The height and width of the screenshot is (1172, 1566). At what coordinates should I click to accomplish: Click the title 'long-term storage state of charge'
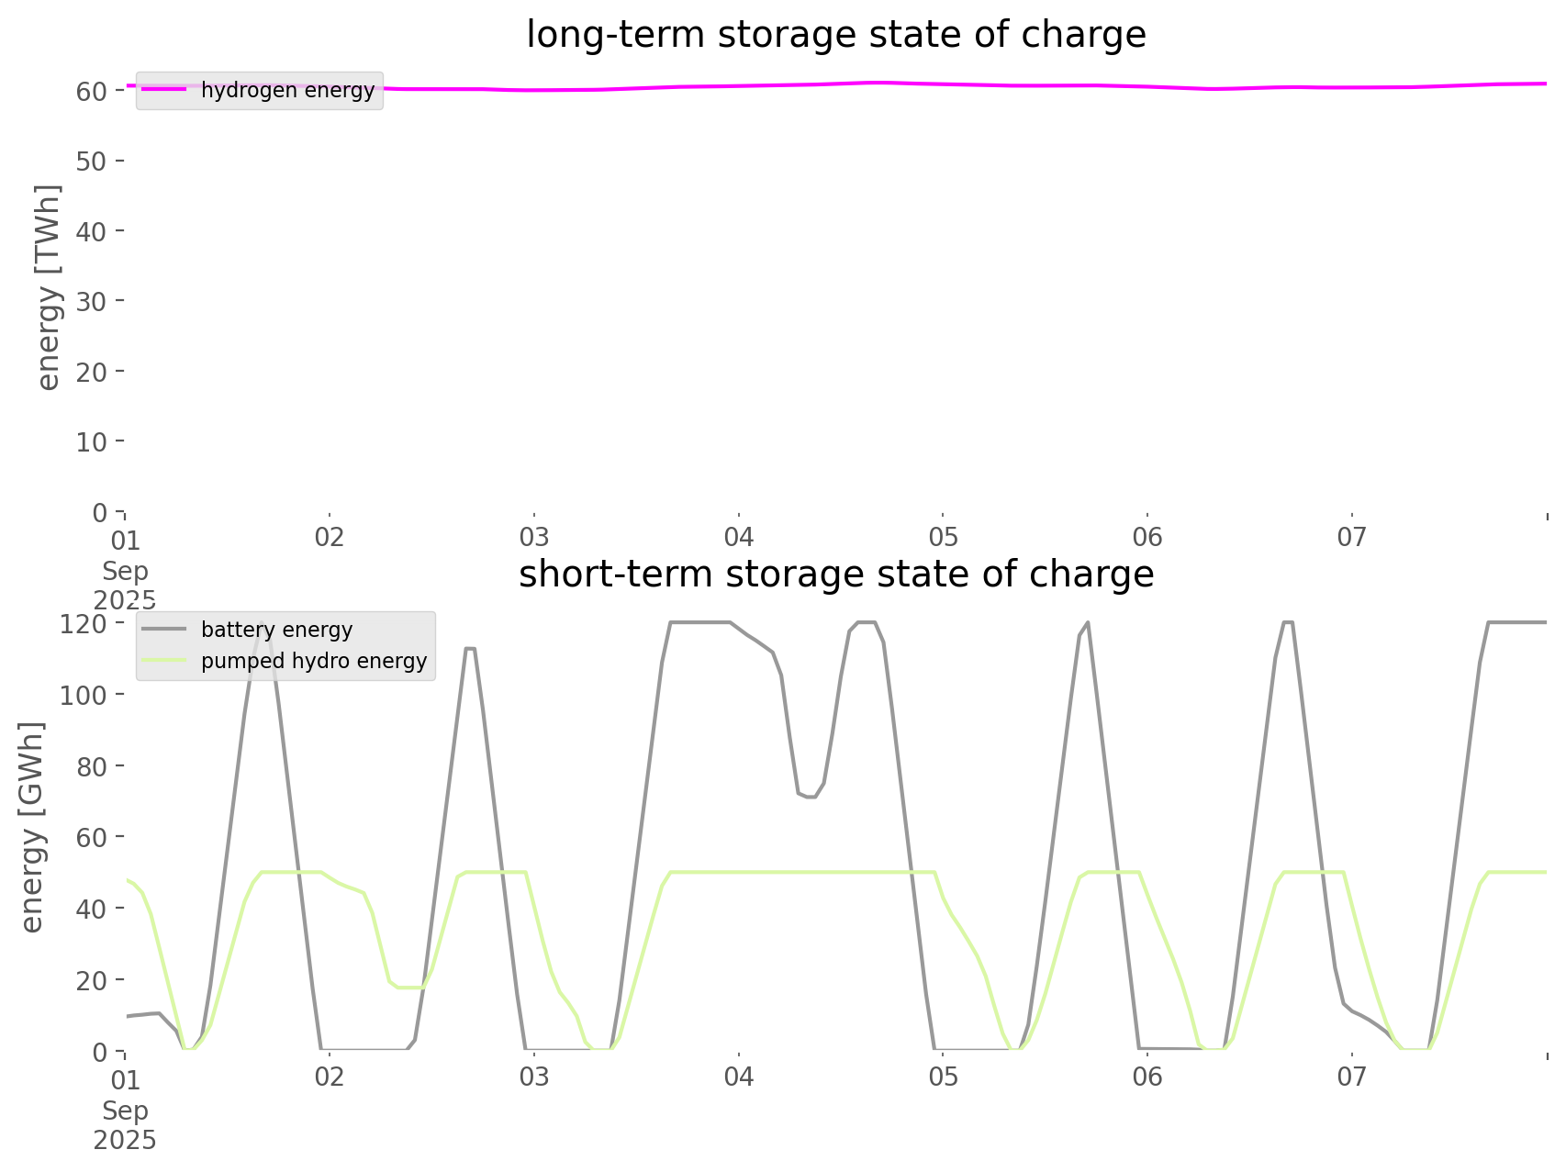pos(835,35)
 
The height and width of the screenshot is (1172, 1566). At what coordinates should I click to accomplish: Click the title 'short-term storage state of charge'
pos(835,575)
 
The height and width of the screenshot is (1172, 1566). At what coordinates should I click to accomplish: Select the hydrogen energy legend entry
pos(287,90)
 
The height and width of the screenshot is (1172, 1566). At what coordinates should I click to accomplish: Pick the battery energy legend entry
pos(276,630)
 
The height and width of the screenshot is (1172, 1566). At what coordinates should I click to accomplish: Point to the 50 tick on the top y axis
pos(92,161)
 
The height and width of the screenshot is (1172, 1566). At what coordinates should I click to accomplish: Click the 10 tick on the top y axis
pos(92,441)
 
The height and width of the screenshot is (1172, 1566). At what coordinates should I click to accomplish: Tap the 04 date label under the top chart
pos(738,537)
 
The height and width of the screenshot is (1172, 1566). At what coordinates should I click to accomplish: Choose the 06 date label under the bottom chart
pos(1147,1077)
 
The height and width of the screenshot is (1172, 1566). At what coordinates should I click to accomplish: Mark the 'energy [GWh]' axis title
pos(32,827)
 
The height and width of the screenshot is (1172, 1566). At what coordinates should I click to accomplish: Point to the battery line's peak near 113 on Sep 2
pos(470,648)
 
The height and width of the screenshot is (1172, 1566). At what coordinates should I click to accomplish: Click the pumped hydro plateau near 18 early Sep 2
pos(408,988)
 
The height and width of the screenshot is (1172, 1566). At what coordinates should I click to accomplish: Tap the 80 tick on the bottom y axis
pos(92,765)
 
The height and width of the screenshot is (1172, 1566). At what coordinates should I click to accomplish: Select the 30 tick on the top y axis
pos(92,301)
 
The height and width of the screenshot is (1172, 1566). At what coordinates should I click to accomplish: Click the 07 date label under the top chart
pos(1351,537)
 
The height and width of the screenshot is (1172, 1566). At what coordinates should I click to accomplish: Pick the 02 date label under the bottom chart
pos(329,1077)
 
